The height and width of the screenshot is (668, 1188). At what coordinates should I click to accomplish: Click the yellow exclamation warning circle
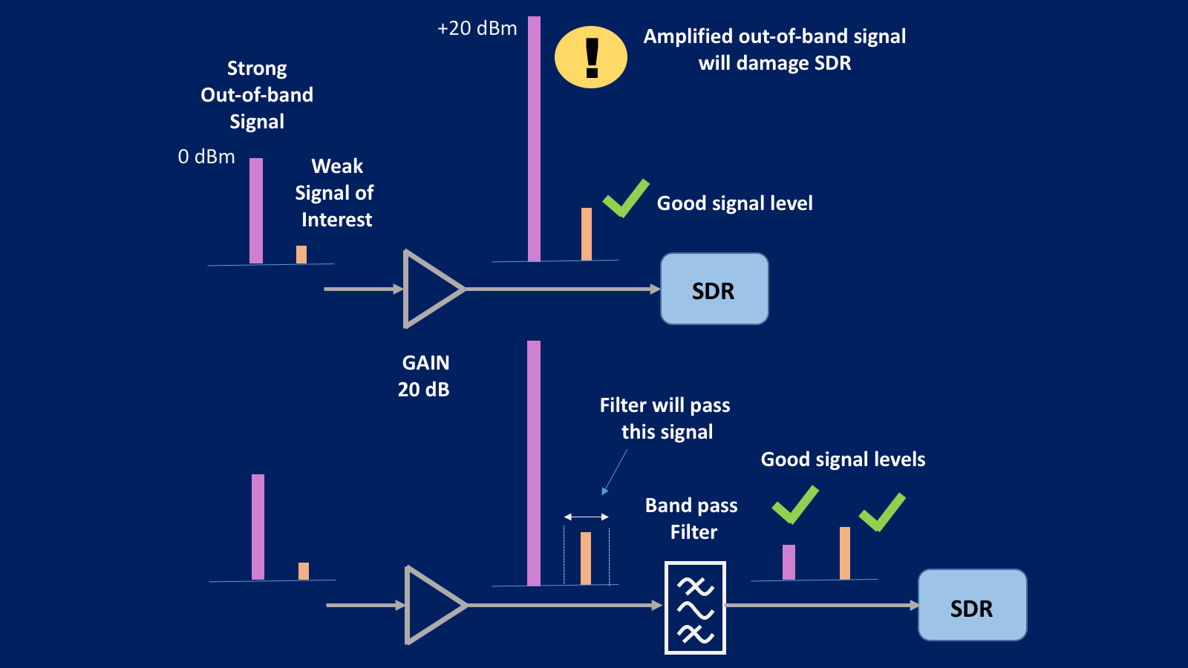[591, 57]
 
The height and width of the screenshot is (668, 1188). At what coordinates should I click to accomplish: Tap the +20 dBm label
[477, 28]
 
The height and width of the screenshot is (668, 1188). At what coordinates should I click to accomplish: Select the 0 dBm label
[206, 157]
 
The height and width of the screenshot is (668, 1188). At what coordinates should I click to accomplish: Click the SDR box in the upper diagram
[714, 289]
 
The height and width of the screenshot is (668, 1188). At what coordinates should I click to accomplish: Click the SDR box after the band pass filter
[972, 606]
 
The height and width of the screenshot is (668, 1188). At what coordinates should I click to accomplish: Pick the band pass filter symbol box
[695, 608]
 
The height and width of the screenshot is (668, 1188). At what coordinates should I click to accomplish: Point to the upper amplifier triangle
[429, 289]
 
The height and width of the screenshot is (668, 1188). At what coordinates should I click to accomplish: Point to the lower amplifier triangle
[431, 606]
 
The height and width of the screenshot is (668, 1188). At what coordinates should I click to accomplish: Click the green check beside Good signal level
[626, 198]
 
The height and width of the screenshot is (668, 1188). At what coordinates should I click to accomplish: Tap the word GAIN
[425, 363]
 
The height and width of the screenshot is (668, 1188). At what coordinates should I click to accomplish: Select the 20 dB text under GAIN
[423, 390]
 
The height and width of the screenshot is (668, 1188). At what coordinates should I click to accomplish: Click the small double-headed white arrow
[587, 517]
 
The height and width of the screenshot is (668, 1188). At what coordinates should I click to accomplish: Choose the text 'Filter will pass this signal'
[665, 419]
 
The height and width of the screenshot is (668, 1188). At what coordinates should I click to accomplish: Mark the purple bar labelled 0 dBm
[256, 211]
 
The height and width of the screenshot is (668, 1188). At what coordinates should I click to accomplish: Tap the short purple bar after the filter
[789, 562]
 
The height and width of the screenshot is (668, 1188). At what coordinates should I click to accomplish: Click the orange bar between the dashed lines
[586, 558]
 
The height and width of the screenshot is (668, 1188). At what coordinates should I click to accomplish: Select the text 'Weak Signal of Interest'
[335, 193]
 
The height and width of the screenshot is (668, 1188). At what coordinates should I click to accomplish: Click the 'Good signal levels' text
[843, 459]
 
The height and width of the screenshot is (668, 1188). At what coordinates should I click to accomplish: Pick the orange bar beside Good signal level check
[587, 234]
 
